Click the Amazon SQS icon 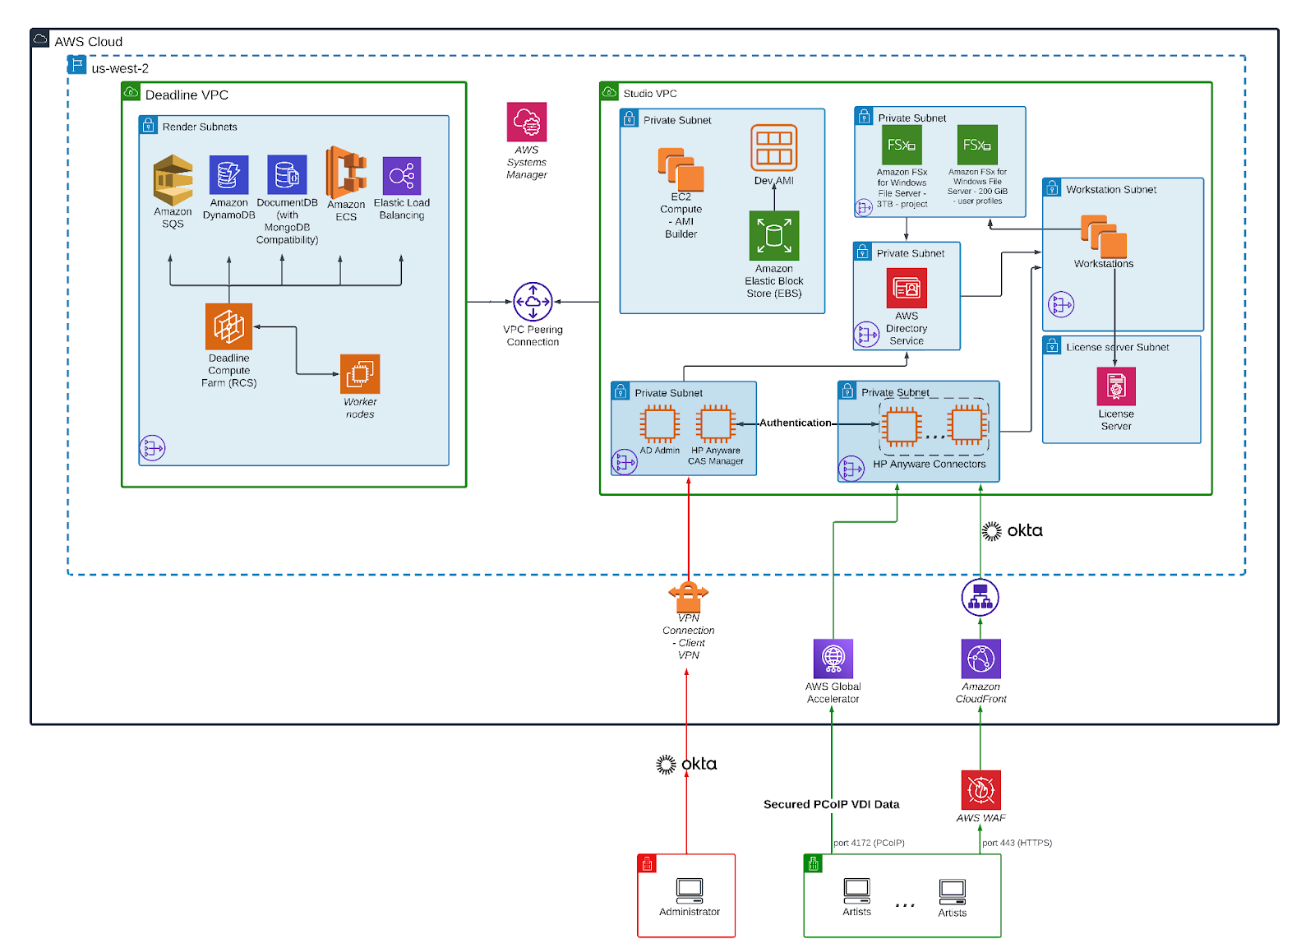click(x=173, y=179)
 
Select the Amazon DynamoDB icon click(x=228, y=174)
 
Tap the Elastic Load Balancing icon click(x=401, y=175)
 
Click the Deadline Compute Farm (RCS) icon click(x=228, y=326)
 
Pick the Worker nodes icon click(x=360, y=374)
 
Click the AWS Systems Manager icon click(x=527, y=123)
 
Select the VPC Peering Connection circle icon click(x=533, y=302)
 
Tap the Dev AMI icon click(x=773, y=148)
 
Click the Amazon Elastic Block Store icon click(x=773, y=236)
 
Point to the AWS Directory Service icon click(x=907, y=288)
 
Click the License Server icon click(x=1116, y=386)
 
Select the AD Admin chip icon click(x=659, y=424)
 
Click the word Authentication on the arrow click(x=795, y=423)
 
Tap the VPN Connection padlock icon click(x=689, y=593)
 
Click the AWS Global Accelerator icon click(x=833, y=659)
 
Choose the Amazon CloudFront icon click(x=980, y=659)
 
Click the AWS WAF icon click(x=980, y=790)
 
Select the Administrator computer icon click(x=689, y=890)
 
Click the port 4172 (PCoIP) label click(x=869, y=843)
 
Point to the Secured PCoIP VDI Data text click(x=831, y=804)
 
